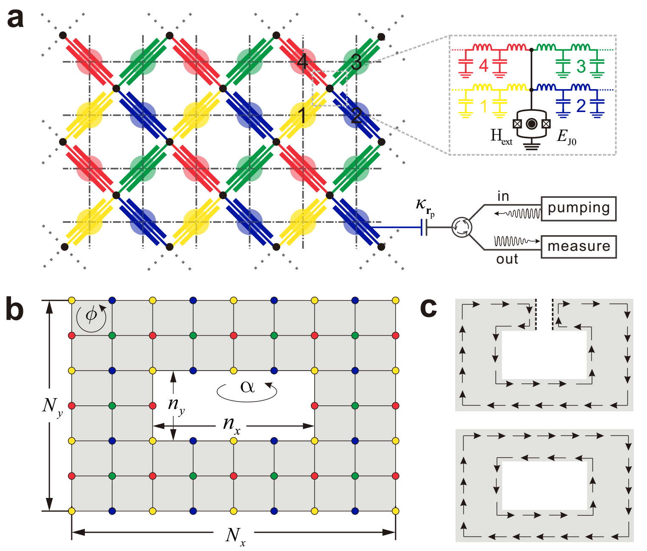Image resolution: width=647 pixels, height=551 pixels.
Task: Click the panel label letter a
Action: [x=15, y=19]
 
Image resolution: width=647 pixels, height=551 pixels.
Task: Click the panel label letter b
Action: [x=14, y=309]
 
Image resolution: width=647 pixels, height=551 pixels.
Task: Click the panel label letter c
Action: [x=428, y=307]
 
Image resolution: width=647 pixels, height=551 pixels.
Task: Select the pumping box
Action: [x=578, y=208]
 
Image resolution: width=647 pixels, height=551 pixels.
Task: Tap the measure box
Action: [x=578, y=247]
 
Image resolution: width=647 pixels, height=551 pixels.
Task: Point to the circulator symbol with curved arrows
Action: [x=461, y=227]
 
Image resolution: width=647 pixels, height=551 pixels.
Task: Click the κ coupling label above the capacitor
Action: [x=425, y=206]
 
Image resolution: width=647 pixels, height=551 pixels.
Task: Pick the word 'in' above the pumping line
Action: [x=503, y=196]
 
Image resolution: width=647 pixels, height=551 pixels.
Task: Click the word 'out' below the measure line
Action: [x=507, y=259]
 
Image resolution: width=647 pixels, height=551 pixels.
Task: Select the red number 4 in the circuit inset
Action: [x=484, y=66]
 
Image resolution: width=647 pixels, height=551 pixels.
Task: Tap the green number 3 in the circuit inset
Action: [x=581, y=67]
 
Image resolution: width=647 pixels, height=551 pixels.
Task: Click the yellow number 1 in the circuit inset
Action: [x=483, y=106]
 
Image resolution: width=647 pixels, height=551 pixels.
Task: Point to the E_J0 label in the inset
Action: [x=566, y=137]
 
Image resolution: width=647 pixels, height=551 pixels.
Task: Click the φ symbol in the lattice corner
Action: [x=91, y=315]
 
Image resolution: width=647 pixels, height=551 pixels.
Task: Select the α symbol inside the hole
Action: [x=247, y=387]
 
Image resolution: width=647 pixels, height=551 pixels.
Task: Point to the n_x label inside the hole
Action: [x=232, y=425]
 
